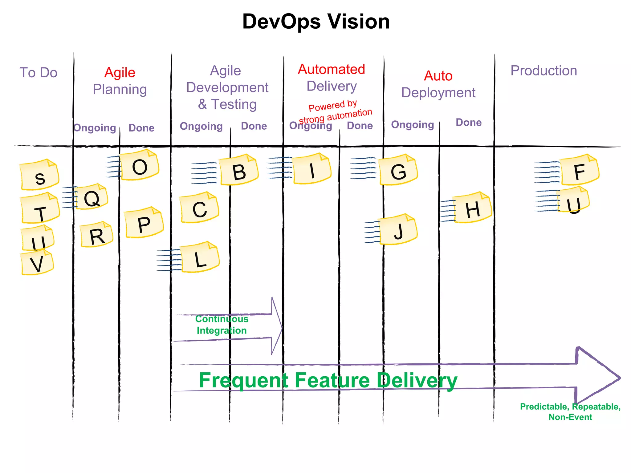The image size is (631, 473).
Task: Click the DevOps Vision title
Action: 316,22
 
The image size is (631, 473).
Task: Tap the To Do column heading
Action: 39,73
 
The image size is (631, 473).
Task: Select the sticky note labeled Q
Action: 92,197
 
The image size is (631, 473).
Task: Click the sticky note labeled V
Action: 37,263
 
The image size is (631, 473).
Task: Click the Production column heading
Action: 543,71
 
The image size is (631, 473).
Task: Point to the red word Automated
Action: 332,69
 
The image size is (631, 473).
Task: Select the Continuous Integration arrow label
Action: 222,325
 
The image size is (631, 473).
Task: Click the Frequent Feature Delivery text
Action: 328,380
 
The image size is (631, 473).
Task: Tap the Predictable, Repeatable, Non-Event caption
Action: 570,412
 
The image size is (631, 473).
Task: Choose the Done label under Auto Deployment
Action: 468,123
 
